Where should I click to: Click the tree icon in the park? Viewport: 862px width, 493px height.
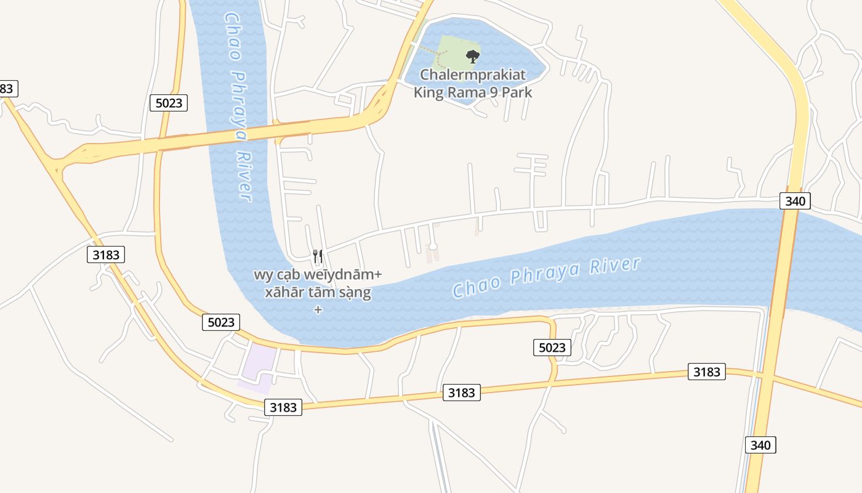[x=472, y=57]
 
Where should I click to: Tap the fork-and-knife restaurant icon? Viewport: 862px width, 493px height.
[x=318, y=256]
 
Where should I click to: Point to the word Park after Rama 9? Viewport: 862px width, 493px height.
[x=517, y=93]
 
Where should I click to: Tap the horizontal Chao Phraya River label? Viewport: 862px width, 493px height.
[x=546, y=278]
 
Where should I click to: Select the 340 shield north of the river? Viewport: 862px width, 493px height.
[x=795, y=200]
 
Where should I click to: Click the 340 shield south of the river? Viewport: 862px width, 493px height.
[x=760, y=445]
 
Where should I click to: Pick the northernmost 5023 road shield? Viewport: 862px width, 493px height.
[x=169, y=103]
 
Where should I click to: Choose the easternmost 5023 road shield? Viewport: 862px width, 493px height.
[x=552, y=348]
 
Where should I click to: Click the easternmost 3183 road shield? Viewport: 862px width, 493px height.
[x=706, y=372]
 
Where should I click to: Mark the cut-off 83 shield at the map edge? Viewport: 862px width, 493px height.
[x=7, y=88]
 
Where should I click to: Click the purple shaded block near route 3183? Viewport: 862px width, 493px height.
[x=257, y=367]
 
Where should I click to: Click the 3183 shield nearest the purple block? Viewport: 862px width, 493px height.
[x=283, y=407]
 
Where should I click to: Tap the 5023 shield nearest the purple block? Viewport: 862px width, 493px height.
[x=221, y=322]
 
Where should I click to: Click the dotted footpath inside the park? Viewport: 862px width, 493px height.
[x=438, y=58]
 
